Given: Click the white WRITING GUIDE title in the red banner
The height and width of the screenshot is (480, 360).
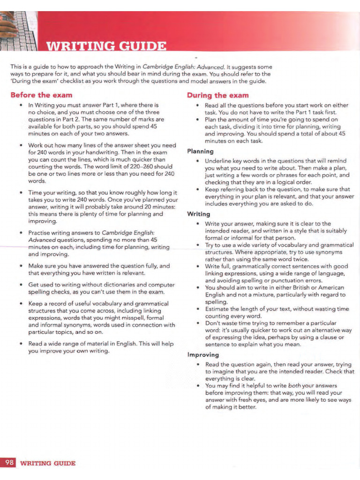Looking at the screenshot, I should [105, 47].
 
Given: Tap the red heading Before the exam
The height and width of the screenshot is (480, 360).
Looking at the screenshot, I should [41, 95].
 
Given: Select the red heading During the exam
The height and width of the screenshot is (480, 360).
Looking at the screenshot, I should [217, 95].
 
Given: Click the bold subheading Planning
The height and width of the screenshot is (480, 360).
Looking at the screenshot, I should [200, 151].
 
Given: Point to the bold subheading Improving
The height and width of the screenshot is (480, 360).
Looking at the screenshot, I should [203, 355].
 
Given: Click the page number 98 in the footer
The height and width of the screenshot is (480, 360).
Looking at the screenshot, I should [9, 463].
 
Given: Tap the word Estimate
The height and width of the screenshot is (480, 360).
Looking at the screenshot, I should [218, 308].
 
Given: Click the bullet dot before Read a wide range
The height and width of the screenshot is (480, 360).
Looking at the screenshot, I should [22, 344].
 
